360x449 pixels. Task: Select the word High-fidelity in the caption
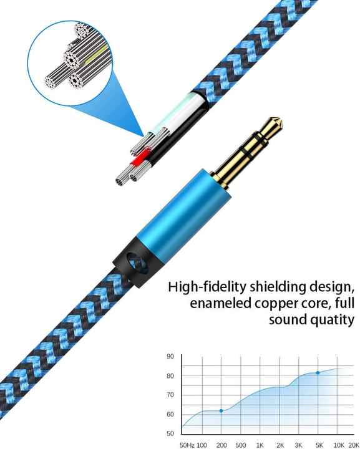pos(207,287)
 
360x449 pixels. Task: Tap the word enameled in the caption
pos(220,303)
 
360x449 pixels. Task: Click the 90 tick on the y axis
pos(170,357)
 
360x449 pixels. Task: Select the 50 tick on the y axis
pos(170,433)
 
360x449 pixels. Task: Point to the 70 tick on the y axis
pos(170,395)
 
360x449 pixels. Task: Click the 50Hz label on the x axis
pos(187,445)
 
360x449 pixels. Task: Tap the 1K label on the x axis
pos(260,445)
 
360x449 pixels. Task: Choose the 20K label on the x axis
pos(353,445)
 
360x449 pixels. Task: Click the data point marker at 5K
pos(318,373)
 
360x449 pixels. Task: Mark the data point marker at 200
pos(221,411)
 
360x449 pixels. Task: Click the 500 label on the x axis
pos(241,445)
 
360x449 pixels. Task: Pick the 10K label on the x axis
pos(339,445)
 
